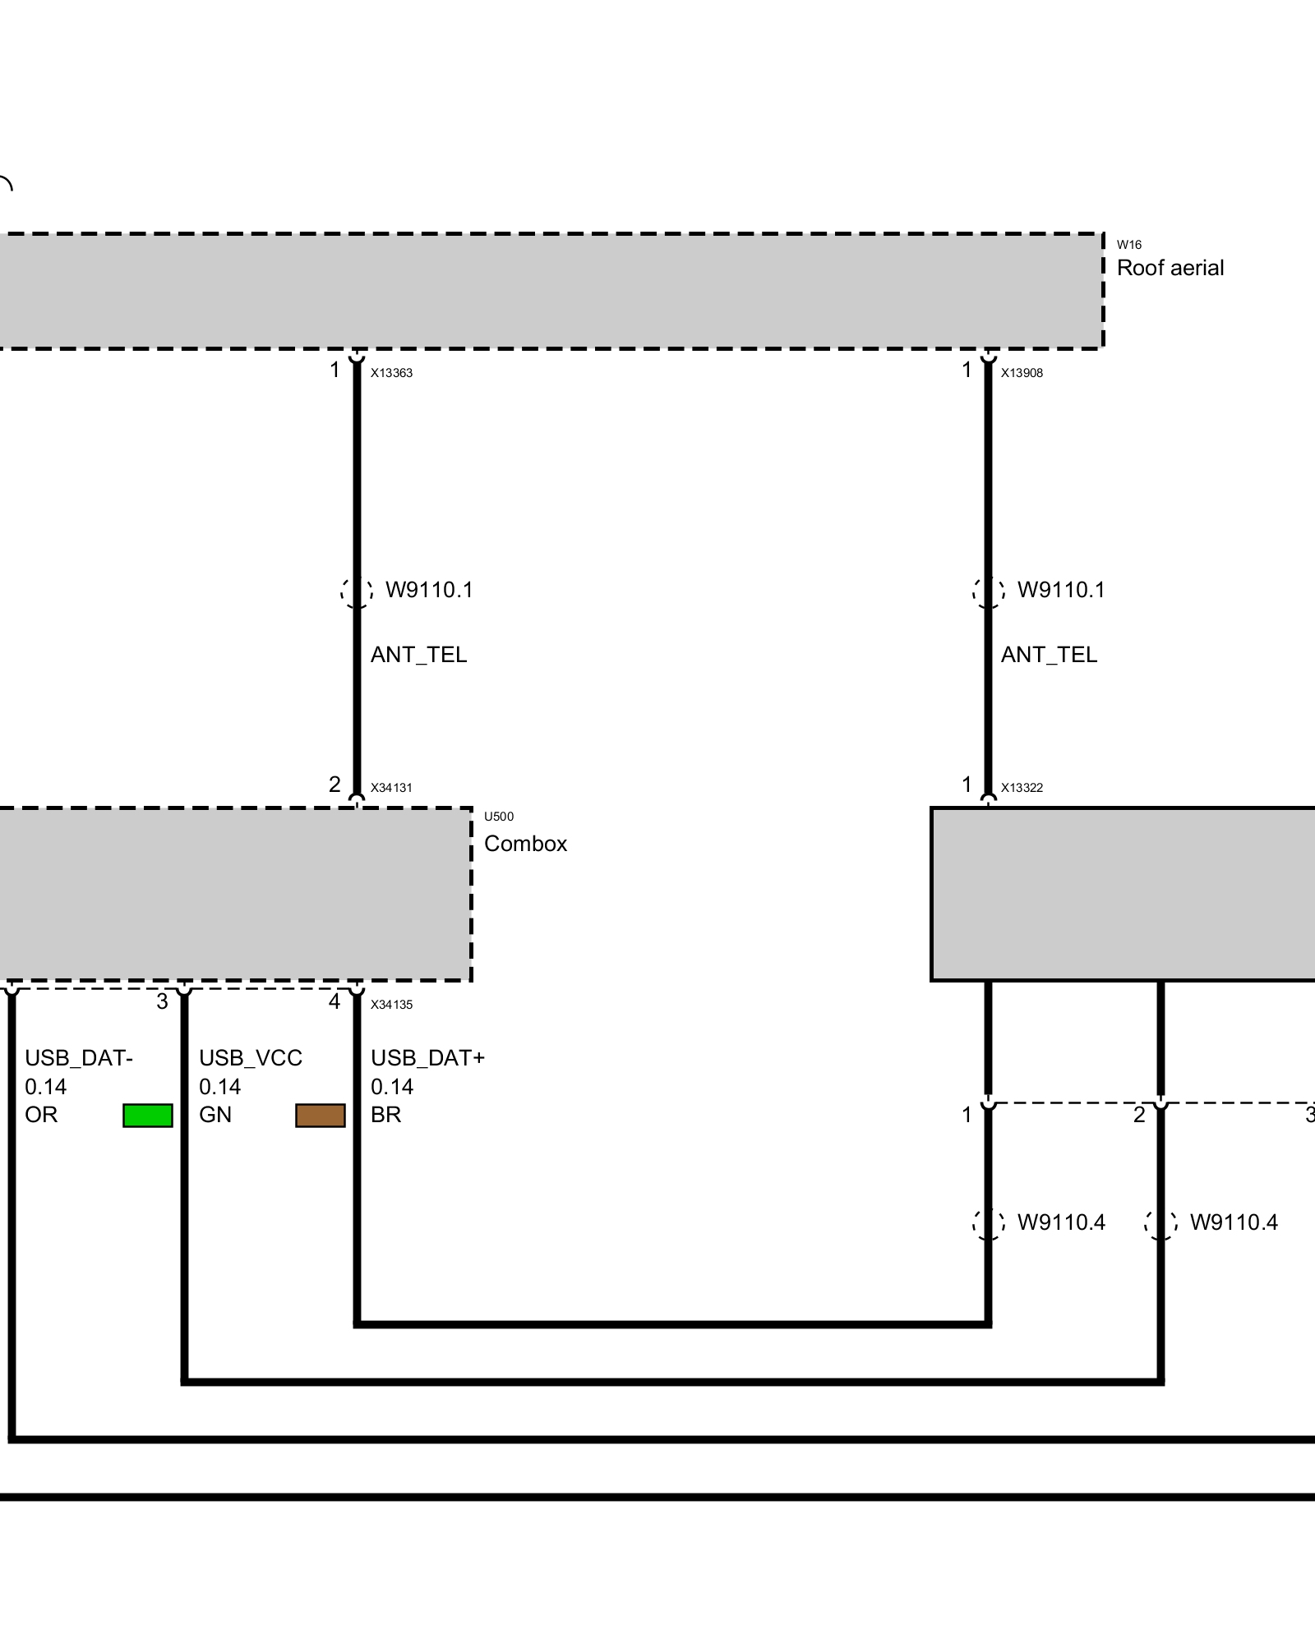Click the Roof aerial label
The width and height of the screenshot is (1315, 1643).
tap(1170, 268)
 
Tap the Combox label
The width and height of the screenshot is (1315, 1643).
tap(526, 844)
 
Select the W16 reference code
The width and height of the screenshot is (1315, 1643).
tap(1129, 245)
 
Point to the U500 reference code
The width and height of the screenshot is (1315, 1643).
tap(499, 817)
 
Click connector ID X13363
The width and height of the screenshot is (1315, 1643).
tap(391, 373)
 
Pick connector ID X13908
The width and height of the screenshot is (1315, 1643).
tap(1022, 373)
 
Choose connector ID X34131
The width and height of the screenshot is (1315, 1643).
tap(391, 788)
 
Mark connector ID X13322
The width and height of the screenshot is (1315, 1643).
tap(1022, 788)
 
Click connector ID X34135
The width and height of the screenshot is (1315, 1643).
tap(391, 1005)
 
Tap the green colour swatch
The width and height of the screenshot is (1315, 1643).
tap(148, 1116)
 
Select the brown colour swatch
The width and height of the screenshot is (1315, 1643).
tap(321, 1116)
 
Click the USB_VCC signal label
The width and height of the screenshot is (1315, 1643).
tap(251, 1058)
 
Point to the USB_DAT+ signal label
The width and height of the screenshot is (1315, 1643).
tap(427, 1058)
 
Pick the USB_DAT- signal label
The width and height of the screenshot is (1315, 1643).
tap(79, 1058)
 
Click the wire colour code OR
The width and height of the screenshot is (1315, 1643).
tap(41, 1115)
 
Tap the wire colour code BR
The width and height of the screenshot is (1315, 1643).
tap(385, 1115)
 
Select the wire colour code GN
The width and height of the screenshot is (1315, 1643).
tap(215, 1115)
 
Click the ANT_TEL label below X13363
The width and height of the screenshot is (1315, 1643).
tap(418, 655)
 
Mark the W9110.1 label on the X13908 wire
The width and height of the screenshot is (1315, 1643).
tap(1061, 590)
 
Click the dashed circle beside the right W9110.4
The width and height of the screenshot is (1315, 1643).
tap(1160, 1223)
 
